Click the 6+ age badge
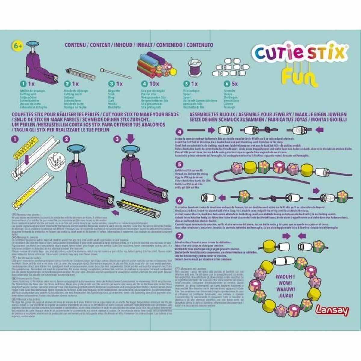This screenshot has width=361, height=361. (x=17, y=46)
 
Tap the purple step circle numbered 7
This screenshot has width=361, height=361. (x=179, y=236)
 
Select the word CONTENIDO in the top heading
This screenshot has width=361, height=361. (x=168, y=45)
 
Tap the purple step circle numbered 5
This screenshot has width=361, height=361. (x=179, y=165)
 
